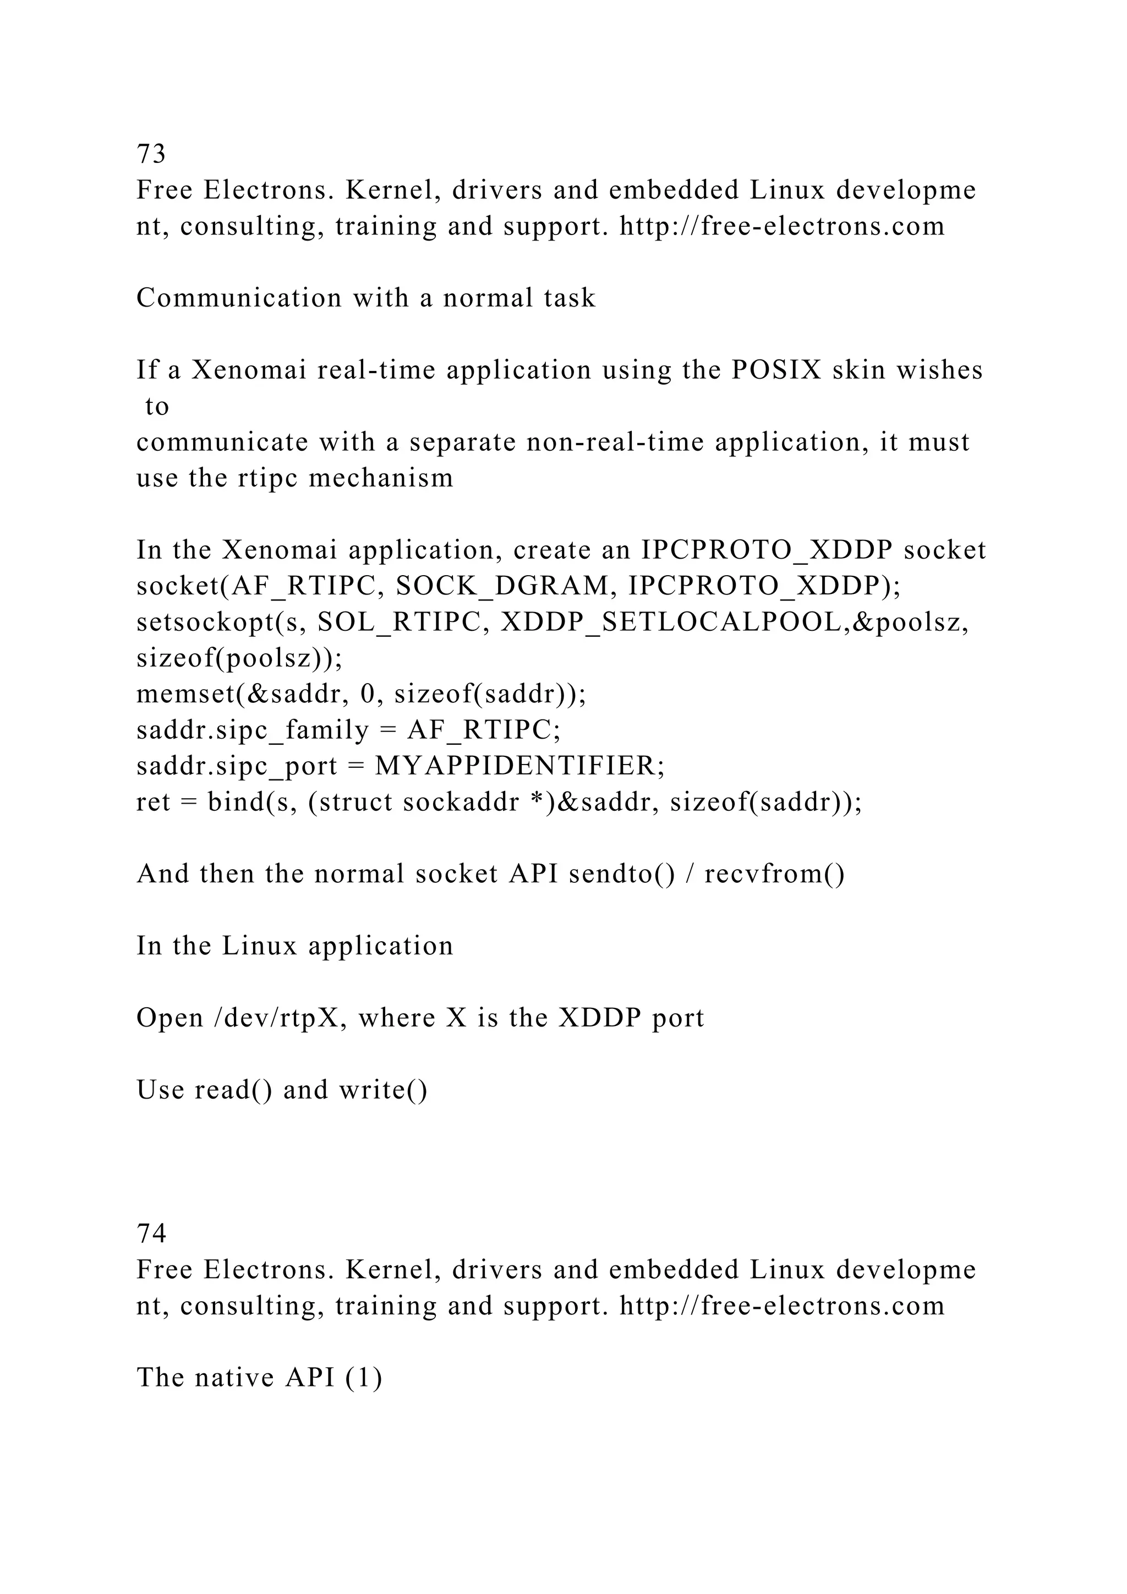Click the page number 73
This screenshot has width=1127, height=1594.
tap(151, 154)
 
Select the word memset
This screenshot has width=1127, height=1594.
tap(182, 694)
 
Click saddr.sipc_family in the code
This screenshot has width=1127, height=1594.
tap(253, 730)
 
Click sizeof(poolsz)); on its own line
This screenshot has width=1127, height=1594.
tap(239, 659)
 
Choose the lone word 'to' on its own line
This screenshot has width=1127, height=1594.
tap(157, 407)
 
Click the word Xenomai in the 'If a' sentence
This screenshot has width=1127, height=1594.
tap(248, 370)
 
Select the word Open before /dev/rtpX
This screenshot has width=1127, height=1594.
tap(169, 1018)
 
